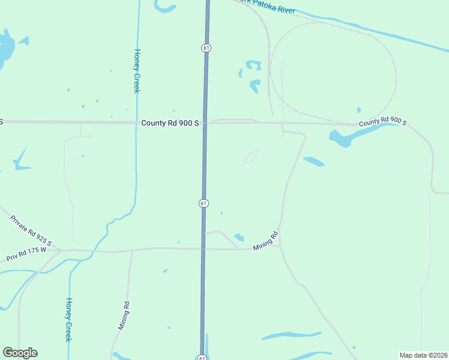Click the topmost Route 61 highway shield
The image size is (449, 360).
tap(206, 47)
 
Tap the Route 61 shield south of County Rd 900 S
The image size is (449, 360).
tap(203, 203)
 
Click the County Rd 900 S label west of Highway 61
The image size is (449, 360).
tap(170, 122)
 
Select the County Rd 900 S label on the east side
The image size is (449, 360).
tap(383, 123)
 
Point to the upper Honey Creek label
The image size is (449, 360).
tap(137, 71)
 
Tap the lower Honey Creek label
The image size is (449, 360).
tap(68, 319)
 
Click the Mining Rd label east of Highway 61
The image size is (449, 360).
tap(267, 241)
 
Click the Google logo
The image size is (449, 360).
tap(20, 353)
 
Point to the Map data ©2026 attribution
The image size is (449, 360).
tap(423, 355)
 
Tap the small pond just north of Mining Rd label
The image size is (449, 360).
tap(240, 237)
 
